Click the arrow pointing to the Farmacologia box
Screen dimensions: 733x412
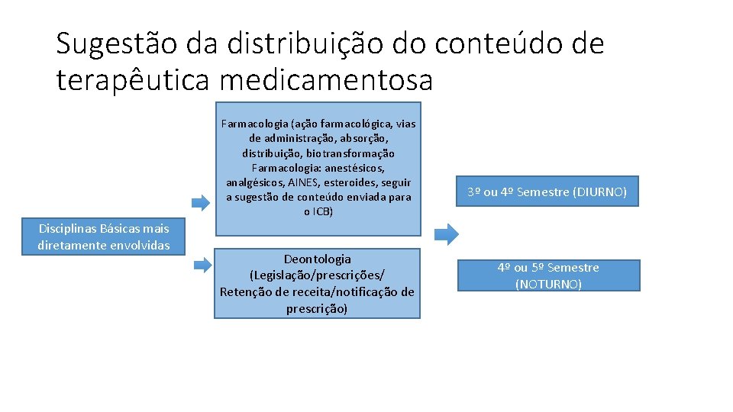click(200, 202)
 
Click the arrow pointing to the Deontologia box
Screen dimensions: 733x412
click(202, 265)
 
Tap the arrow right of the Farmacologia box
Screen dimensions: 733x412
click(449, 233)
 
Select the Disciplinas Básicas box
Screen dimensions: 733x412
click(104, 237)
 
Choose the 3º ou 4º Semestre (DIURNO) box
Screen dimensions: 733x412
click(547, 192)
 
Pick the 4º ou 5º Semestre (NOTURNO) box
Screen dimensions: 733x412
click(548, 275)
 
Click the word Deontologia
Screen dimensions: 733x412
click(317, 259)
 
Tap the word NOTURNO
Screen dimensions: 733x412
click(548, 284)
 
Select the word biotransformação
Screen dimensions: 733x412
click(353, 153)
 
